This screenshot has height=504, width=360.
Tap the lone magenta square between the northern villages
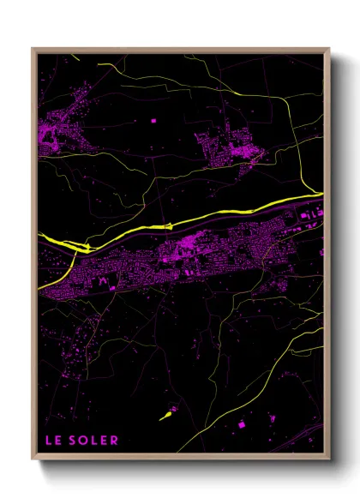tap(153, 121)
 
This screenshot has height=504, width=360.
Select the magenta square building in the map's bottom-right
tap(242, 424)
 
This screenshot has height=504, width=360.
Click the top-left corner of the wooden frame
tap(33, 49)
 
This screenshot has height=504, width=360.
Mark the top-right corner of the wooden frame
tap(329, 49)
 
